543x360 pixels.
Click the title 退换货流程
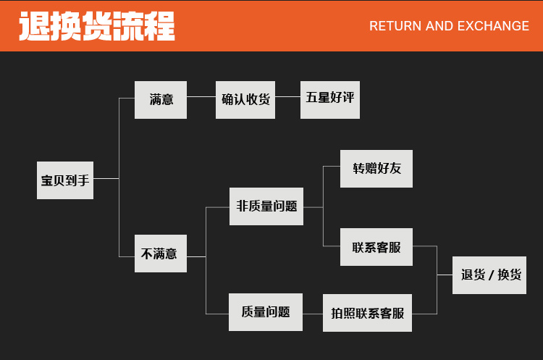point(97,26)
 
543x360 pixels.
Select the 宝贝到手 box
point(65,180)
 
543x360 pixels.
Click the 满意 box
point(161,99)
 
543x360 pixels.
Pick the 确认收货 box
point(246,99)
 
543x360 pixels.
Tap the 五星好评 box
point(330,99)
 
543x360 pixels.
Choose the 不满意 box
point(161,254)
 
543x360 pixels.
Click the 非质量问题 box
point(266,206)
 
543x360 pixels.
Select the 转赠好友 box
point(376,168)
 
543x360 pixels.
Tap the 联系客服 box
point(376,247)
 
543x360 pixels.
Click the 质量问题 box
point(266,312)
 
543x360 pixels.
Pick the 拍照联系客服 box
point(368,313)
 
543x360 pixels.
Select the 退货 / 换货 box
point(489,275)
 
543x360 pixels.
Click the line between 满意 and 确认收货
point(201,99)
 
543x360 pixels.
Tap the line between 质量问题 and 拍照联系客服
point(313,313)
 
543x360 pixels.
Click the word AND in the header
point(439,26)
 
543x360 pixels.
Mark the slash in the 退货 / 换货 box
point(490,275)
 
